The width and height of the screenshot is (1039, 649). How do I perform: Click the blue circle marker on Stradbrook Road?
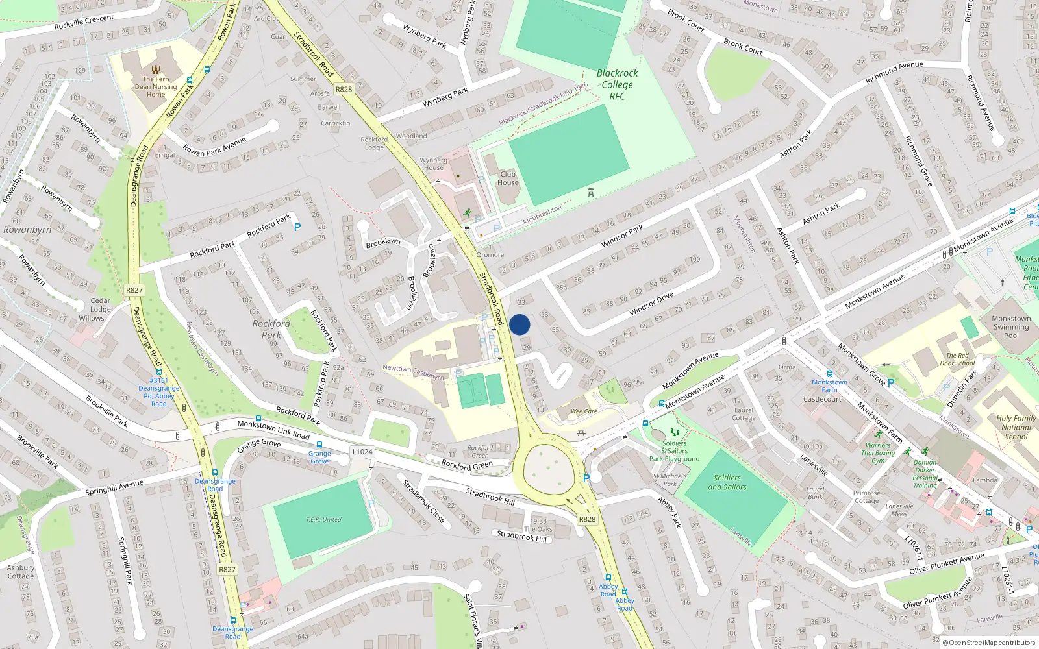(x=519, y=324)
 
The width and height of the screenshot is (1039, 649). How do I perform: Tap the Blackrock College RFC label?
(x=617, y=84)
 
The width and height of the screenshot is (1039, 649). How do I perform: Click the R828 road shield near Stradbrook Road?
(x=344, y=90)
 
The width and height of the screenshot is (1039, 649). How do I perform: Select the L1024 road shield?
(x=362, y=452)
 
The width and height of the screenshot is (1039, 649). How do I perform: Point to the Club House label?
(x=508, y=178)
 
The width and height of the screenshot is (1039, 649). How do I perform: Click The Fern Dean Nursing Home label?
(x=156, y=86)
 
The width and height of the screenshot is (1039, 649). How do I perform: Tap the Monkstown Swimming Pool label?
(x=1011, y=326)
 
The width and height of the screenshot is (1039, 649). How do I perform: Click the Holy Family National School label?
(x=1016, y=427)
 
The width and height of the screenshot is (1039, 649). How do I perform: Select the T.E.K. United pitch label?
(x=323, y=519)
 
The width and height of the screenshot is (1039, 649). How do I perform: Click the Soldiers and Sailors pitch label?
(x=727, y=482)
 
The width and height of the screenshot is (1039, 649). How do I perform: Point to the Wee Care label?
(x=584, y=411)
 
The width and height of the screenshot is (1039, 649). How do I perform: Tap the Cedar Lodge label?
(x=100, y=305)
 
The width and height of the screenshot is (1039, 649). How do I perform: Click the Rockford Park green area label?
(x=271, y=329)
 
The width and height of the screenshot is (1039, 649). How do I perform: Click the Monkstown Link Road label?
(x=273, y=430)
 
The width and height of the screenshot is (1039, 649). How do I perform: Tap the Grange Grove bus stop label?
(x=319, y=457)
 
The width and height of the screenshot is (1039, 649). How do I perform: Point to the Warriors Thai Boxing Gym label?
(x=878, y=453)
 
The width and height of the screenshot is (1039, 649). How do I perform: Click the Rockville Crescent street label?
(x=84, y=21)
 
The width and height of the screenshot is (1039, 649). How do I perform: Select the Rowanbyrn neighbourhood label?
(x=27, y=230)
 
